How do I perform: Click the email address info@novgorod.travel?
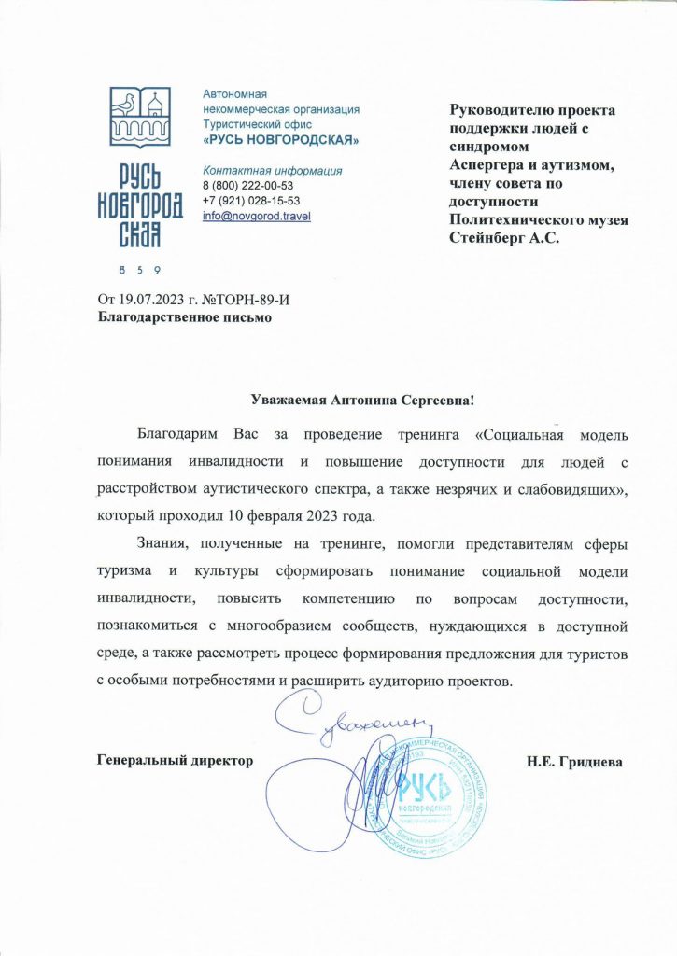[x=257, y=217]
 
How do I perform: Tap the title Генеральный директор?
[x=176, y=761]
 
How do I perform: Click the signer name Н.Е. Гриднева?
[x=574, y=761]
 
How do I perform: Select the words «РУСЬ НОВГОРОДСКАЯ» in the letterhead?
[x=281, y=140]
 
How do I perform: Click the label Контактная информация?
[x=272, y=171]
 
